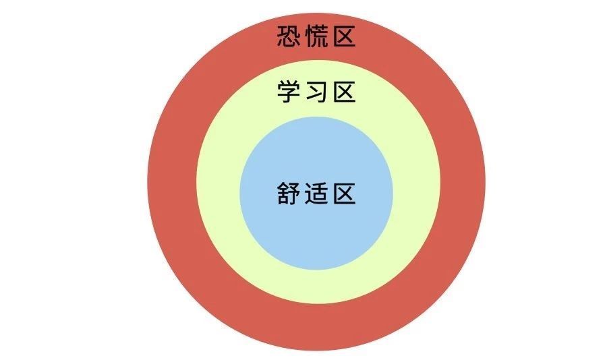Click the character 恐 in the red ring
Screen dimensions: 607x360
pyautogui.click(x=289, y=36)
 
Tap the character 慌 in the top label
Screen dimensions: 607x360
pyautogui.click(x=316, y=36)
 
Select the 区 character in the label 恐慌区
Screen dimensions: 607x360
pyautogui.click(x=343, y=36)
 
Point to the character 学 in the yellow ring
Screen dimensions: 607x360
pyautogui.click(x=289, y=92)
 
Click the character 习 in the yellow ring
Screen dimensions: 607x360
pyautogui.click(x=316, y=92)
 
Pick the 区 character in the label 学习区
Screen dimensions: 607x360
pyautogui.click(x=343, y=92)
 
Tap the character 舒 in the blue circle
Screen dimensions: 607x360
pyautogui.click(x=289, y=194)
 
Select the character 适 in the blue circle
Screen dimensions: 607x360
pyautogui.click(x=316, y=194)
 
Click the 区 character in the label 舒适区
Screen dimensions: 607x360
pyautogui.click(x=343, y=194)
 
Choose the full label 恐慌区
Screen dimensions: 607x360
pyautogui.click(x=316, y=36)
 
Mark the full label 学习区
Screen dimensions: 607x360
pyautogui.click(x=316, y=92)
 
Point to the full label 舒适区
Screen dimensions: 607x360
pyautogui.click(x=316, y=194)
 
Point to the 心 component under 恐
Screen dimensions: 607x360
pyautogui.click(x=289, y=43)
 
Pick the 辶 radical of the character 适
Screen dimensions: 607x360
pyautogui.click(x=308, y=198)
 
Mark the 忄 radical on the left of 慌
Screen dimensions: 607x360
pyautogui.click(x=308, y=36)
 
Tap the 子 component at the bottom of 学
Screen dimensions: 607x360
pyautogui.click(x=289, y=97)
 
